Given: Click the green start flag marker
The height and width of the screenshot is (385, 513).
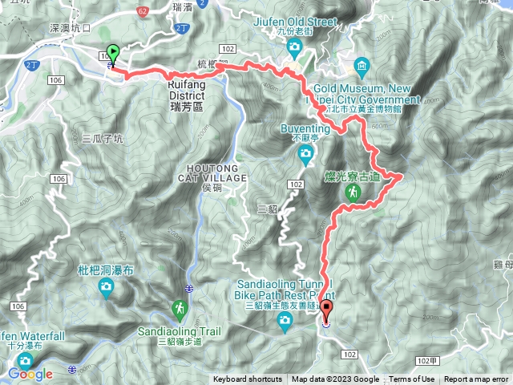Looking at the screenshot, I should coord(113,55).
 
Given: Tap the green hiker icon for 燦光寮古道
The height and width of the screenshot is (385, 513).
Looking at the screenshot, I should coord(352,192).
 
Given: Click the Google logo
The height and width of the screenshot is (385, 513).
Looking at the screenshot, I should coord(30,374).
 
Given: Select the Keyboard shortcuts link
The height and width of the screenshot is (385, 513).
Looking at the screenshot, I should coord(248,379).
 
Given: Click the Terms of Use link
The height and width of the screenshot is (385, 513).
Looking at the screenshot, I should coord(412,379).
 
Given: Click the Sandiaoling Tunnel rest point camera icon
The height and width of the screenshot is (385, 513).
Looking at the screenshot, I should coord(285,322).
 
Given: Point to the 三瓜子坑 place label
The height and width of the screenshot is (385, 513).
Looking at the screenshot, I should coord(103,138).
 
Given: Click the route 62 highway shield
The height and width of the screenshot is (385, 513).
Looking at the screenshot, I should coord(142,12).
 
